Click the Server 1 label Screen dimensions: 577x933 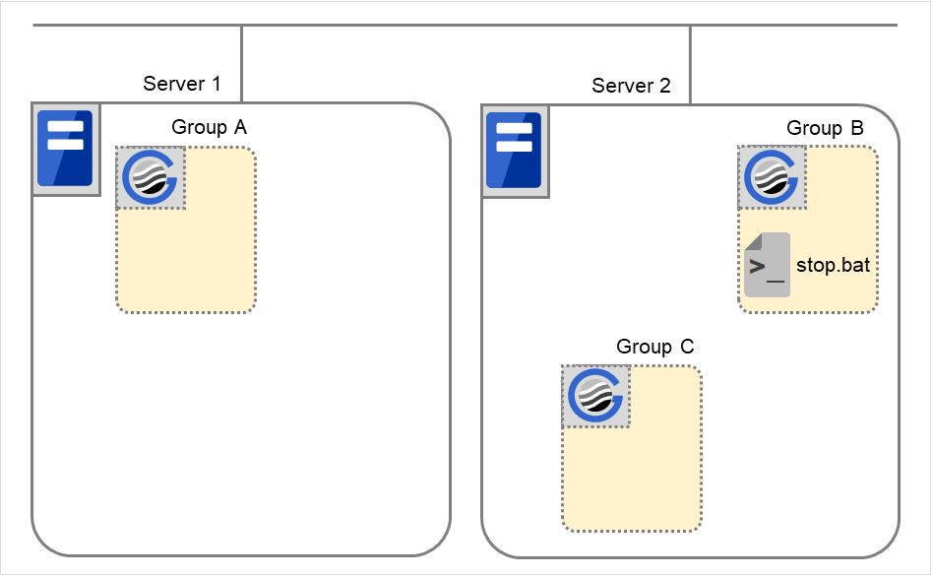pos(182,84)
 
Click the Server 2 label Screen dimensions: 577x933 pos(631,86)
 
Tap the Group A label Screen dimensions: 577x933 pos(210,127)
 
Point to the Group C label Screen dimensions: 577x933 pos(655,347)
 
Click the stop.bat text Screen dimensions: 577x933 pos(834,267)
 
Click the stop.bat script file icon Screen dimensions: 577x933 pos(767,265)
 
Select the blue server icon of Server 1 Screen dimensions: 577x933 pos(65,149)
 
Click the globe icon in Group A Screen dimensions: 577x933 pos(151,178)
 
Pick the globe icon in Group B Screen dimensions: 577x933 pos(773,178)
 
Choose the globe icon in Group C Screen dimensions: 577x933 pos(595,397)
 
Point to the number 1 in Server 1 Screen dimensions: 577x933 pos(215,84)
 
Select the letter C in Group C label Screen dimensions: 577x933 pos(687,347)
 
